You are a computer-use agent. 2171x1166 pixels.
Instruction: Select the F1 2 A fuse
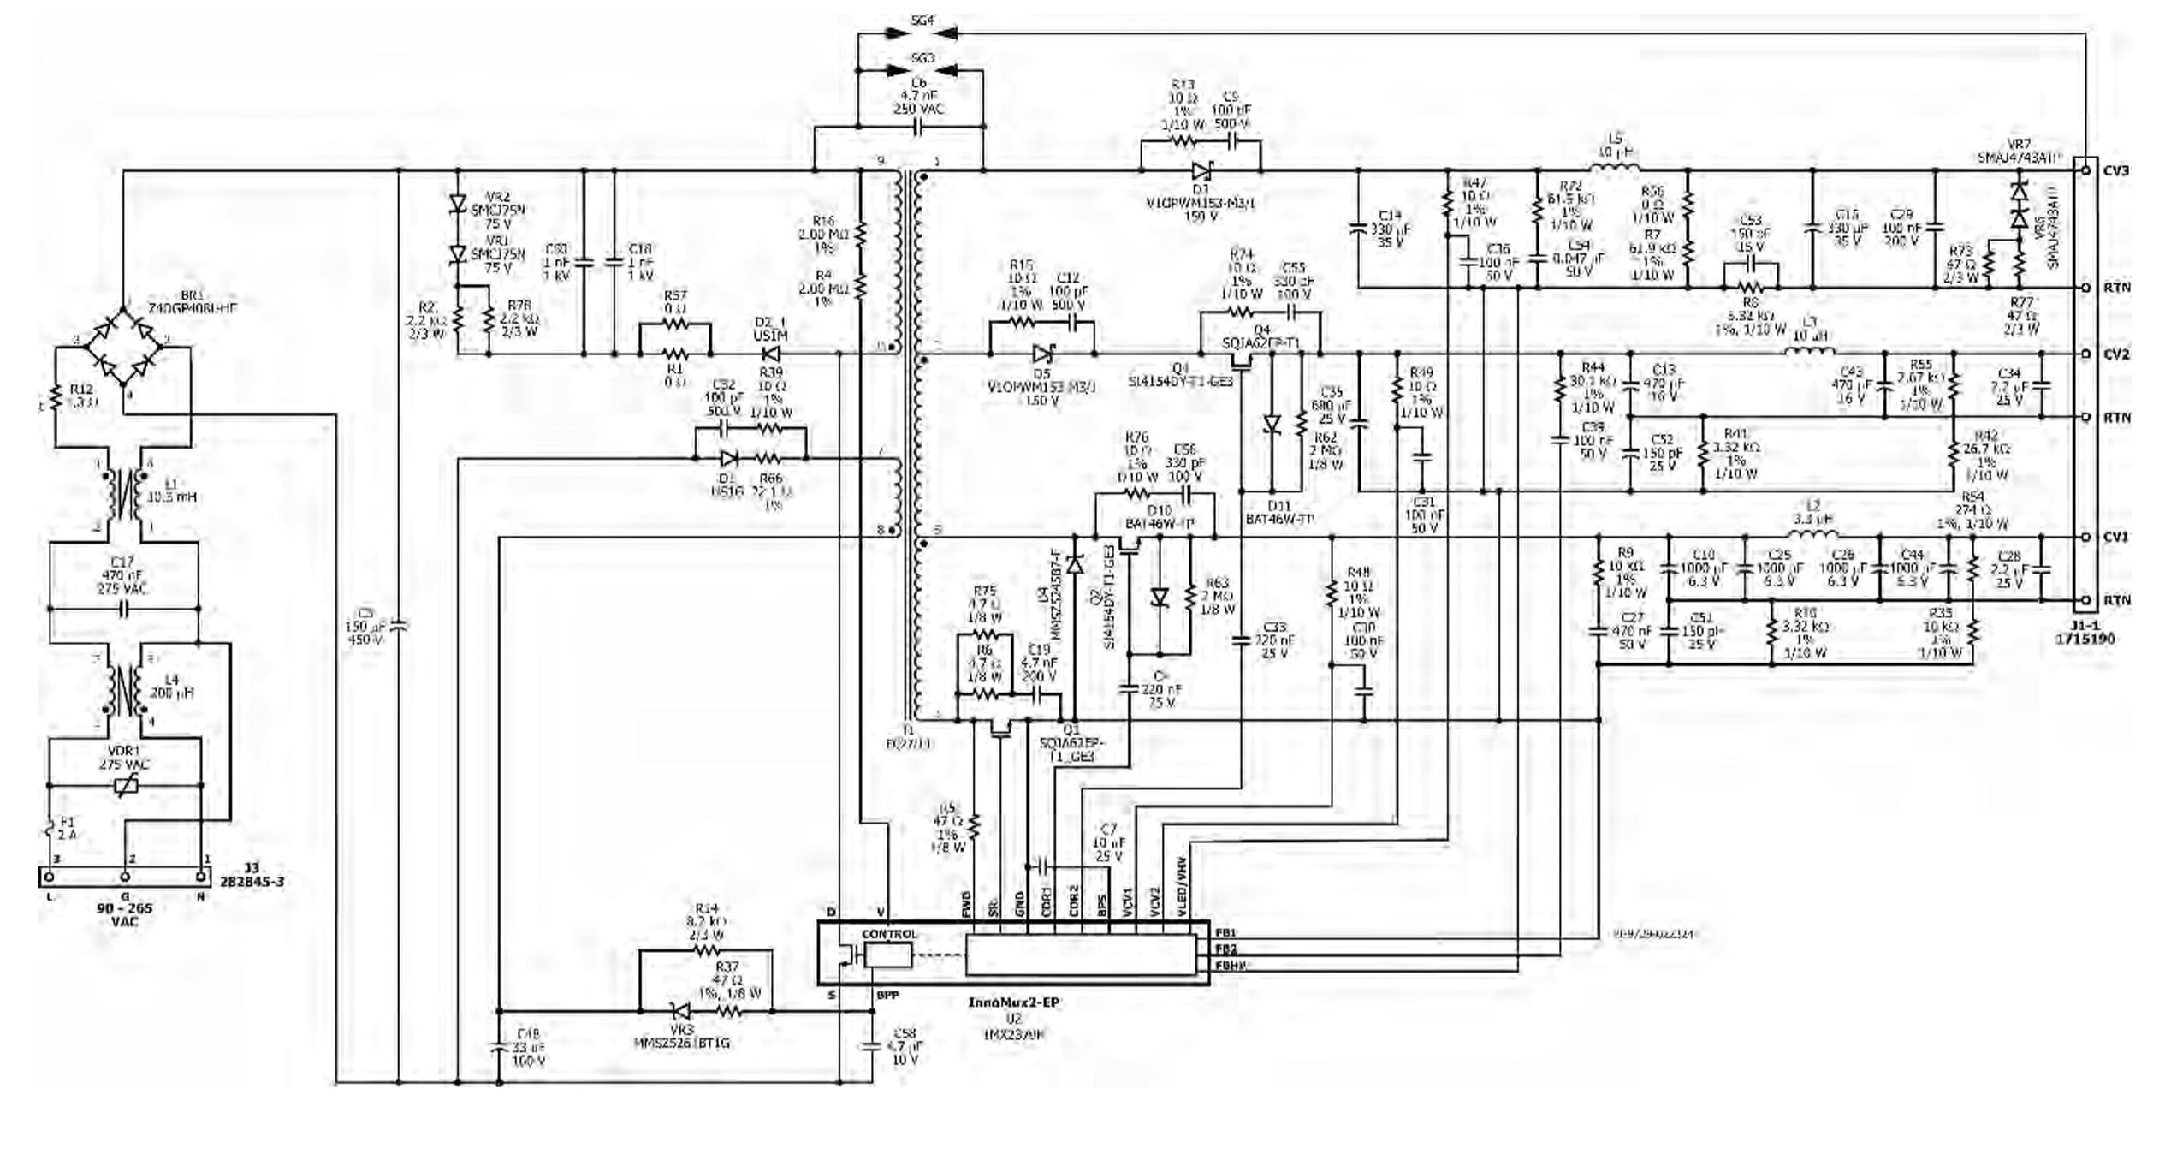pos(49,829)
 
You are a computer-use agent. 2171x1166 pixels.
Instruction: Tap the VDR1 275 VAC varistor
pos(127,785)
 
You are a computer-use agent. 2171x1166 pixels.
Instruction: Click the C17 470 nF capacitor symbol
pos(125,610)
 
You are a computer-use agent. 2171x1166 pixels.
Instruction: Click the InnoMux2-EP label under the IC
pos(1013,1002)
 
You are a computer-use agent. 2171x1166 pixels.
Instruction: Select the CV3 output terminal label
pos(2115,170)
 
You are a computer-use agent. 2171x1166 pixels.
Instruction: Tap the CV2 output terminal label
pos(2115,354)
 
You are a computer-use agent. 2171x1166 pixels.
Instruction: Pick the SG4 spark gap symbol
pos(921,33)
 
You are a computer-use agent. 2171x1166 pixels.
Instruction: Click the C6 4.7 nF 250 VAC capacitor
pos(920,127)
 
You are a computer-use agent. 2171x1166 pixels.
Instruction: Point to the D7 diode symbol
pos(1201,170)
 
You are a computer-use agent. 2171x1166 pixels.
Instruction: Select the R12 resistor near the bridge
pos(56,398)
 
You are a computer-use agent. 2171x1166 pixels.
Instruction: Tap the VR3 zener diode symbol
pos(681,1011)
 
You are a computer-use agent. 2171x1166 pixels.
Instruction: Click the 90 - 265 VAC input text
pos(125,913)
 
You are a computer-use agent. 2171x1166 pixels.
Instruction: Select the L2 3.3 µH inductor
pos(1812,536)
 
